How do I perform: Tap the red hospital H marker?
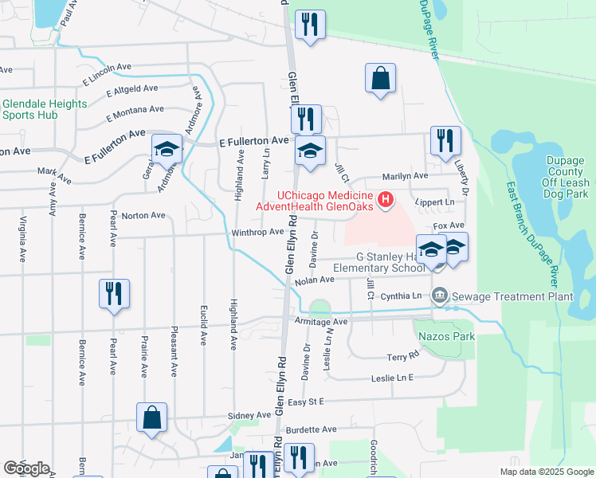point(386,199)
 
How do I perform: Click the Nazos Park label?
point(445,336)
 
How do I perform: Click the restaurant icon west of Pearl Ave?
point(114,293)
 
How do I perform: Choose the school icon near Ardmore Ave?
point(167,149)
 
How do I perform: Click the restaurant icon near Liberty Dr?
point(445,141)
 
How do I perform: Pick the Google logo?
point(26,468)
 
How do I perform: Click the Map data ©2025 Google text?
point(547,472)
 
